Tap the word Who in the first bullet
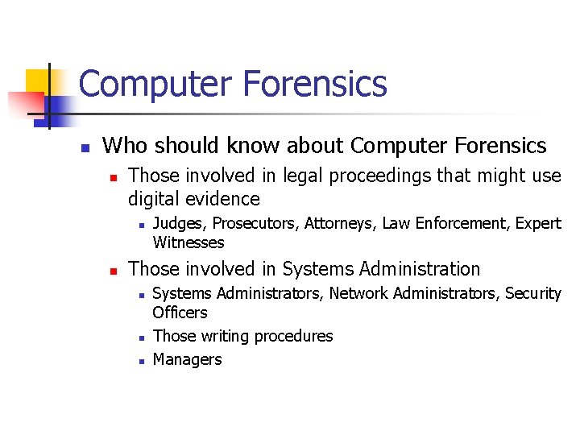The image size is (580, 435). coord(122,146)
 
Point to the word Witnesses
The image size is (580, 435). coord(188,242)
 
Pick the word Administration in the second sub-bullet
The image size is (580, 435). coord(419,269)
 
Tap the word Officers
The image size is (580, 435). coord(180,313)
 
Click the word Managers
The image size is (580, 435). coord(187,359)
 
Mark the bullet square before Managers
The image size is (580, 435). coord(140,361)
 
